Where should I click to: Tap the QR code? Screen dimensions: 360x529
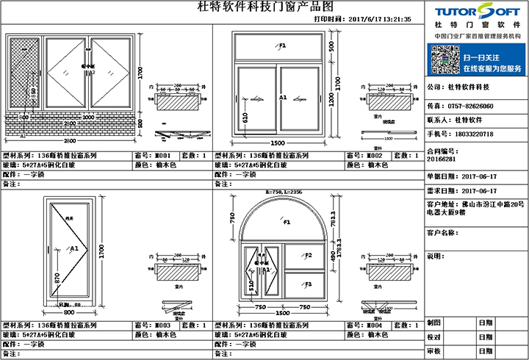click(x=443, y=57)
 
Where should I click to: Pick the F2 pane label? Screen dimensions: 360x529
click(x=309, y=256)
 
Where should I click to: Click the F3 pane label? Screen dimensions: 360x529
click(x=309, y=284)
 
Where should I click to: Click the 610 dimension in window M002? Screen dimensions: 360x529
click(x=245, y=115)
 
